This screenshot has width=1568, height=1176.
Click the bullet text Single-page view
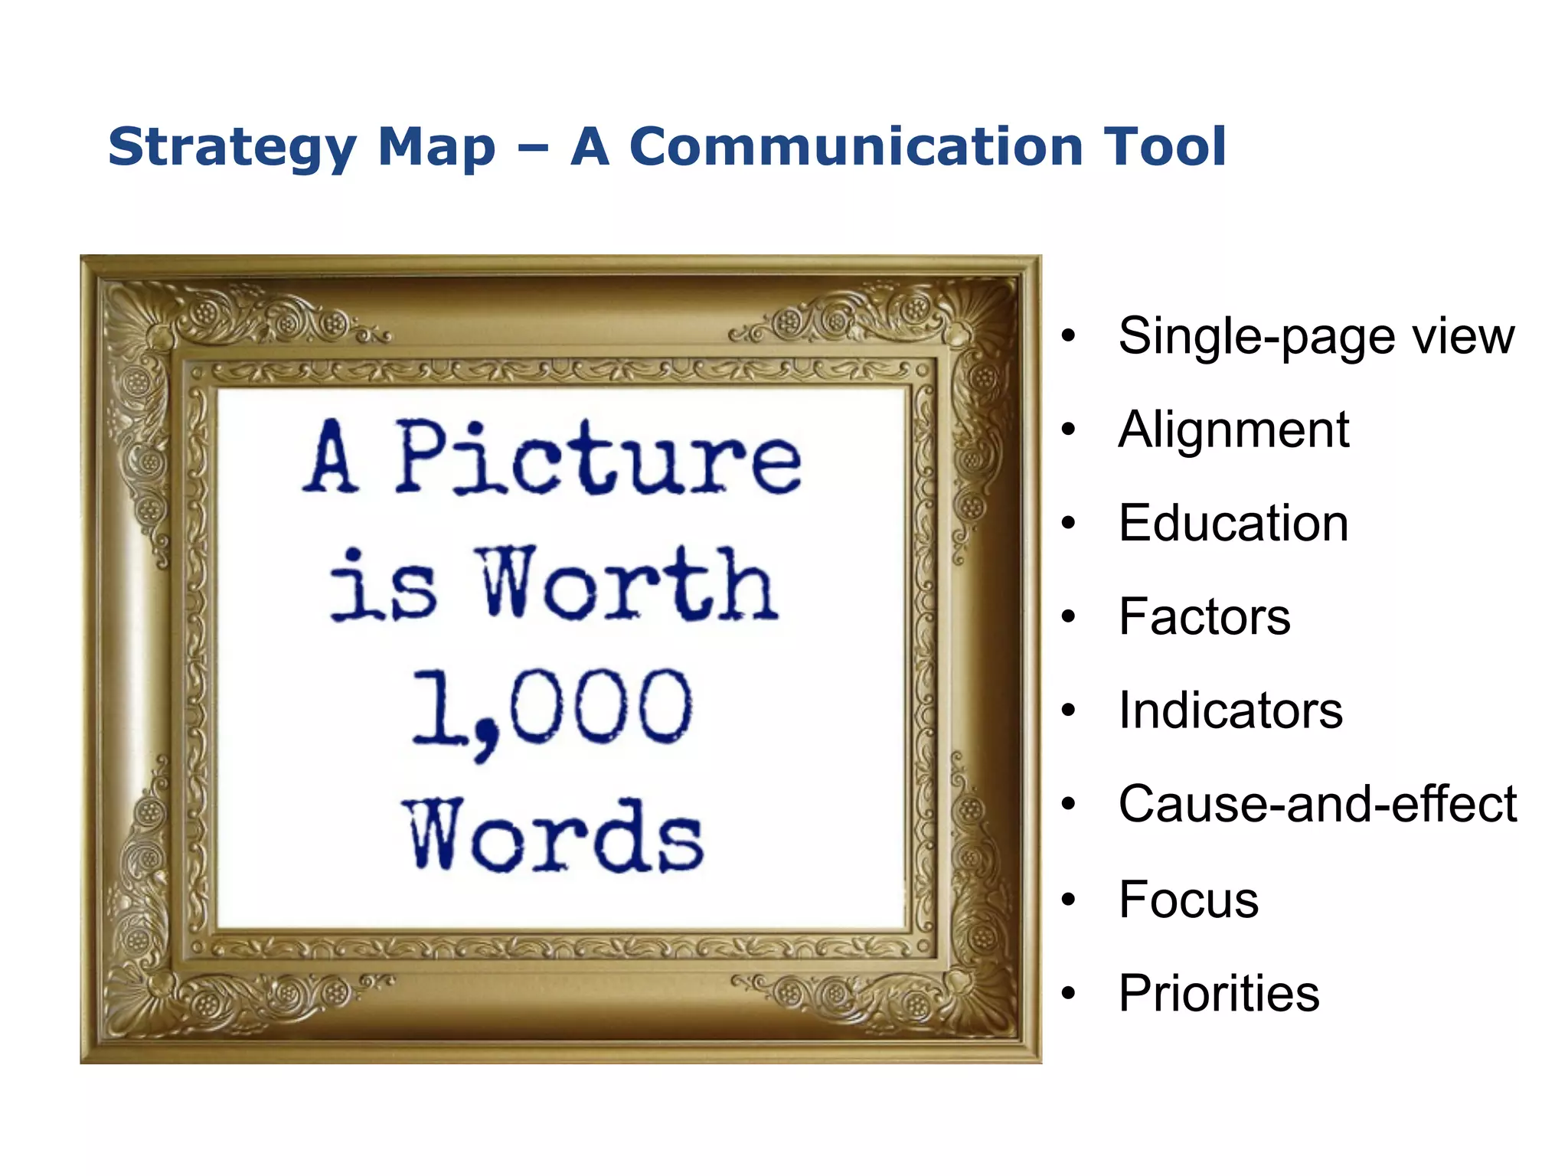point(1315,337)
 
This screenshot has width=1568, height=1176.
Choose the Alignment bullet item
point(1233,430)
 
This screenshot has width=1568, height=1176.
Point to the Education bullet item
point(1233,524)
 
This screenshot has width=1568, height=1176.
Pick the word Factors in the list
point(1204,617)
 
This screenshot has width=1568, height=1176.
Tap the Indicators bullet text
point(1230,710)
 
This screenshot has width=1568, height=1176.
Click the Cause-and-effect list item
point(1317,805)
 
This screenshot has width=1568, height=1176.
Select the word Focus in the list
point(1188,900)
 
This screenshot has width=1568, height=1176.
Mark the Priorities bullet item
point(1219,994)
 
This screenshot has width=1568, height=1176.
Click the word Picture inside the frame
point(598,457)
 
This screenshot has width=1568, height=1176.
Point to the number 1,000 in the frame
point(551,709)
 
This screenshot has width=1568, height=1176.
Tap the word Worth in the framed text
point(628,583)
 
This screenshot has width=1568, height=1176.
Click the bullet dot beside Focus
point(1069,900)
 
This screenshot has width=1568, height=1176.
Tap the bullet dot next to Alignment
point(1069,430)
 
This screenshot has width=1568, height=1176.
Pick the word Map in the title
point(436,147)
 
